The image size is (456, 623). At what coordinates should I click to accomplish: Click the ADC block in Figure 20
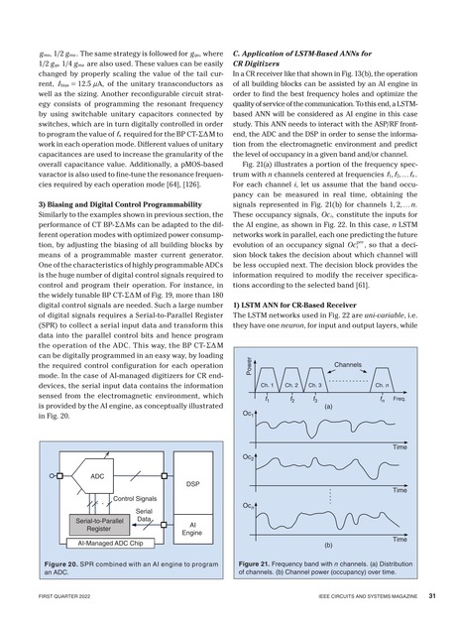tap(97, 476)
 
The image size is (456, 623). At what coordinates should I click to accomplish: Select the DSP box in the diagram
tap(191, 483)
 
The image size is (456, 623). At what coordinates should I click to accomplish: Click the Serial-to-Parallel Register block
tap(98, 525)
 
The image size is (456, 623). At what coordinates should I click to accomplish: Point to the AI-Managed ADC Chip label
tap(104, 544)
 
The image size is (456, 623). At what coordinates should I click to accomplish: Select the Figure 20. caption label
tap(61, 562)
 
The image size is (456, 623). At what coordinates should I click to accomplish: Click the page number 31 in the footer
tap(432, 597)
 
